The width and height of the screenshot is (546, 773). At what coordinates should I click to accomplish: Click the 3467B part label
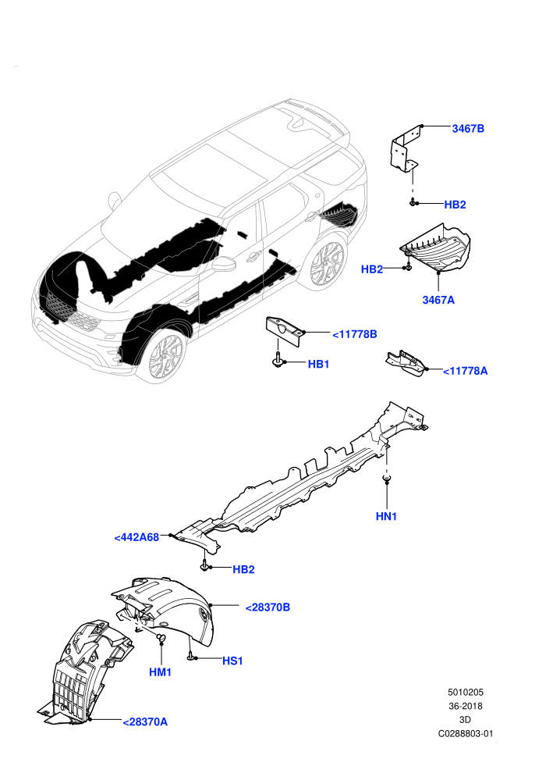pyautogui.click(x=468, y=129)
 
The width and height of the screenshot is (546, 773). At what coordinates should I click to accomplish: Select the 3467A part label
pyautogui.click(x=438, y=300)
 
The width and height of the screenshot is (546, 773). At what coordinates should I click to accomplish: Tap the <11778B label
pyautogui.click(x=354, y=334)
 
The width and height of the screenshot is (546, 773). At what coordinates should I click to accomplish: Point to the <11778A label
pyautogui.click(x=465, y=371)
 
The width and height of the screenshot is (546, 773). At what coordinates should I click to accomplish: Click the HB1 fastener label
pyautogui.click(x=318, y=364)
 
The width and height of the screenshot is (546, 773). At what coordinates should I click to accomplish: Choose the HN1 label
pyautogui.click(x=386, y=516)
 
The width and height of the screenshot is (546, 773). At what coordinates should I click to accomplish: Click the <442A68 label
pyautogui.click(x=136, y=537)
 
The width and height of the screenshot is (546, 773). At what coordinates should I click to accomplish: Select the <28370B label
pyautogui.click(x=268, y=607)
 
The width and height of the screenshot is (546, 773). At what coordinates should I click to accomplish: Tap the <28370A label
pyautogui.click(x=145, y=721)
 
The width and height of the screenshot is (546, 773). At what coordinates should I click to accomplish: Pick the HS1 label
pyautogui.click(x=232, y=661)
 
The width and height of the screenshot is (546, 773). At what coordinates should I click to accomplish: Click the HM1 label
pyautogui.click(x=161, y=672)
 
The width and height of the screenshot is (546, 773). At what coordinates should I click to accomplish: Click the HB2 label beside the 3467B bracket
pyautogui.click(x=455, y=205)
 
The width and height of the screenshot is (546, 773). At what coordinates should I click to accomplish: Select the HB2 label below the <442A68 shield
pyautogui.click(x=243, y=569)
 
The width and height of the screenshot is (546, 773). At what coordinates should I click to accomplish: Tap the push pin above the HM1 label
pyautogui.click(x=161, y=638)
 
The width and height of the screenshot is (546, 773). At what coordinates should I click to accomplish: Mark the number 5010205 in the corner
pyautogui.click(x=465, y=692)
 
